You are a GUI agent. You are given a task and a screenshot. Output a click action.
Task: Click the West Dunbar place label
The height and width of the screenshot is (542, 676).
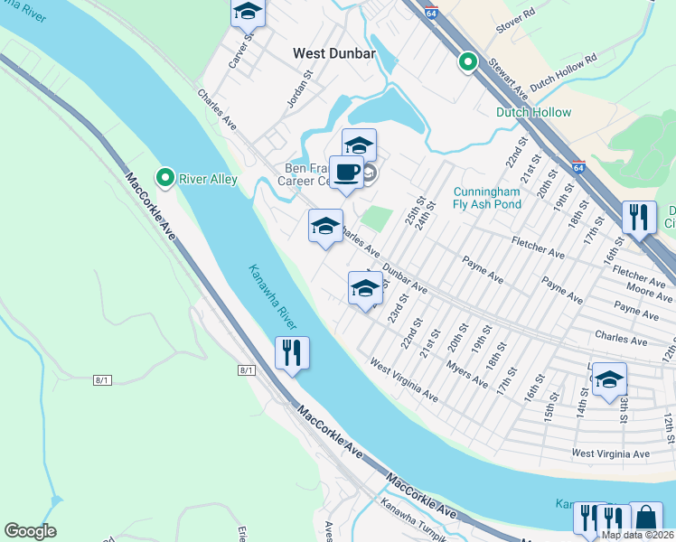click(333, 54)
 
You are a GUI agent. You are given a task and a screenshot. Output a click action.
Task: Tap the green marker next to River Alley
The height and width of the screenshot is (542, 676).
click(164, 177)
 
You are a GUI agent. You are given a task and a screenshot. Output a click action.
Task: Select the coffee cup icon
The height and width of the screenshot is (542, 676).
click(345, 172)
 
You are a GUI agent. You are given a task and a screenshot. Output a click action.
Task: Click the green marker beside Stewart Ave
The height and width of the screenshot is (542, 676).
click(467, 61)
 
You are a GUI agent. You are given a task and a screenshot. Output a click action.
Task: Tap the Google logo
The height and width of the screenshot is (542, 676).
click(30, 531)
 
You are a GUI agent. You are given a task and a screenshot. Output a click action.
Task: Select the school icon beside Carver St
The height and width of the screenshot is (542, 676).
click(247, 13)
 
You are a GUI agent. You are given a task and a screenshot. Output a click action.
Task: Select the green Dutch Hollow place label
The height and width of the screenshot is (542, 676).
click(533, 112)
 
